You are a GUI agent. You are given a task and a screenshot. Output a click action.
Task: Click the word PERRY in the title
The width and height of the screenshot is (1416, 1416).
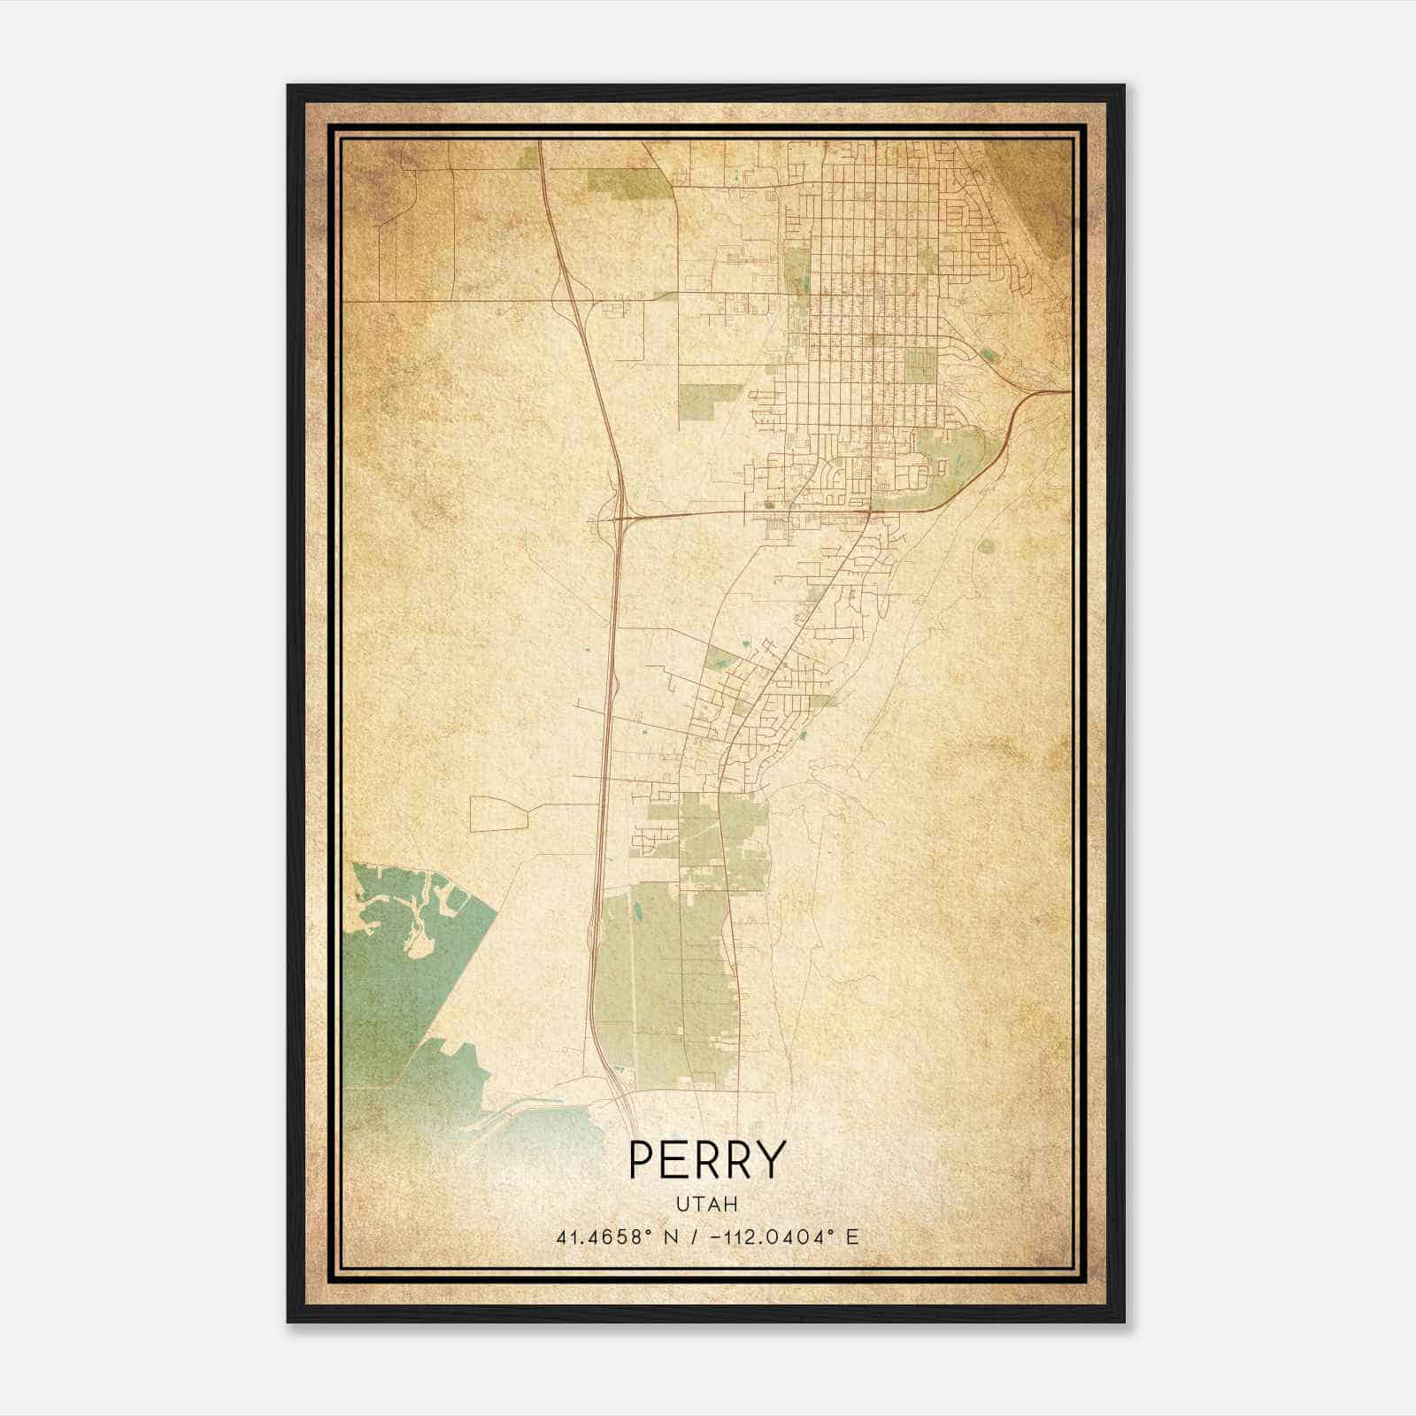(707, 1159)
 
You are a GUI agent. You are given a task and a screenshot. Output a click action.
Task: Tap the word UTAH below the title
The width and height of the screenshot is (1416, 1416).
(707, 1204)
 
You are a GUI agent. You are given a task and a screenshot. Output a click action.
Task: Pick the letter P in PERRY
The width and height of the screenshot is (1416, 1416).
(642, 1159)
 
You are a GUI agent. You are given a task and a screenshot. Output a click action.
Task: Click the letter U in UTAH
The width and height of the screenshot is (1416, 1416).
(682, 1204)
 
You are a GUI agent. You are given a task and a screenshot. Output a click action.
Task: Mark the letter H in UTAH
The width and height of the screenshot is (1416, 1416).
(732, 1204)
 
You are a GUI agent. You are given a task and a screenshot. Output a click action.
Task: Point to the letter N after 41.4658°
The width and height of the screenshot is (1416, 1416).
(673, 1236)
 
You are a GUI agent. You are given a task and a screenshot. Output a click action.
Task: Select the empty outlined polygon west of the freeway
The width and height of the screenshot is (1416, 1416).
(497, 813)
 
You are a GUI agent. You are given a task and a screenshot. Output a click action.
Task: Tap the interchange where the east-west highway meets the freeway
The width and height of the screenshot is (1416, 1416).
(617, 518)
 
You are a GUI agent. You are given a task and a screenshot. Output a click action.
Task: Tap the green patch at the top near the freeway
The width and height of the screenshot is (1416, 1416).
(628, 181)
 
